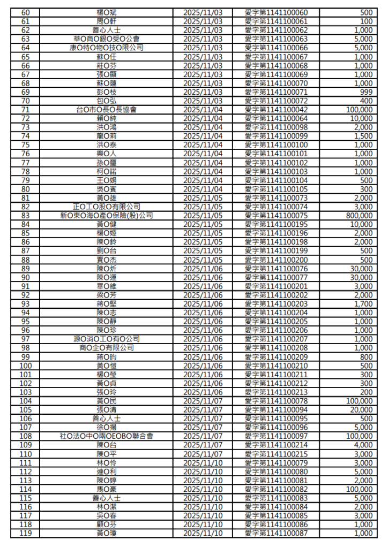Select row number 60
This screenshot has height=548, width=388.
pyautogui.click(x=25, y=12)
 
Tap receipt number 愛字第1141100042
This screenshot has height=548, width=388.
pyautogui.click(x=277, y=109)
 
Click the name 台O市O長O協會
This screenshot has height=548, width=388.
pyautogui.click(x=107, y=109)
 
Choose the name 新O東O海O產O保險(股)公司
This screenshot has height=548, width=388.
pyautogui.click(x=107, y=215)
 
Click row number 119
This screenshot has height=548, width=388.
pyautogui.click(x=25, y=534)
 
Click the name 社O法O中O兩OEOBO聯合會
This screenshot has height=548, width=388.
pyautogui.click(x=107, y=436)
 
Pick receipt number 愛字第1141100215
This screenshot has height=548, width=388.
pyautogui.click(x=277, y=454)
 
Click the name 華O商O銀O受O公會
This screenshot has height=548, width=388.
pyautogui.click(x=107, y=39)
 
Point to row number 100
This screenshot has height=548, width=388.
pyautogui.click(x=25, y=366)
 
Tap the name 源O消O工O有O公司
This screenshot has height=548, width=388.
pyautogui.click(x=107, y=339)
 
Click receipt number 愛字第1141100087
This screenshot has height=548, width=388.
pyautogui.click(x=277, y=534)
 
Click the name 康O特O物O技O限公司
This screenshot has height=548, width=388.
pyautogui.click(x=107, y=48)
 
